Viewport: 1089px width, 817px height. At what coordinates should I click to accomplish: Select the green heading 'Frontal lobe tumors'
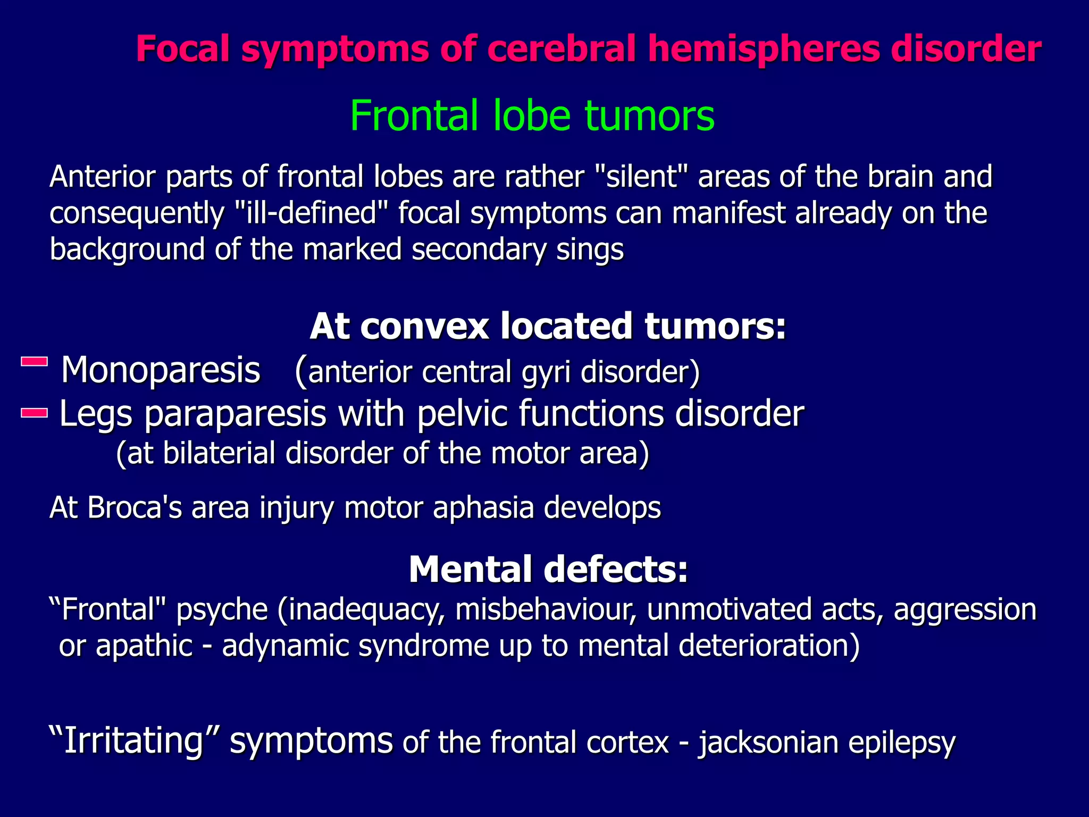(x=532, y=115)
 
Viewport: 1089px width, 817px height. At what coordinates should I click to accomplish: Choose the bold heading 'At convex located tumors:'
(x=548, y=326)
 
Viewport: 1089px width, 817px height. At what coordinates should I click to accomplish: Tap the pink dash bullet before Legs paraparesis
(x=35, y=413)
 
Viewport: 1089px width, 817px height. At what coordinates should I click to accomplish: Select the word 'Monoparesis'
(x=161, y=370)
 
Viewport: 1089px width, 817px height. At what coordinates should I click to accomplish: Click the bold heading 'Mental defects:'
(x=548, y=570)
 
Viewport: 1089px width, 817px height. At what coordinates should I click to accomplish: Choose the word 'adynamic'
(x=285, y=646)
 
